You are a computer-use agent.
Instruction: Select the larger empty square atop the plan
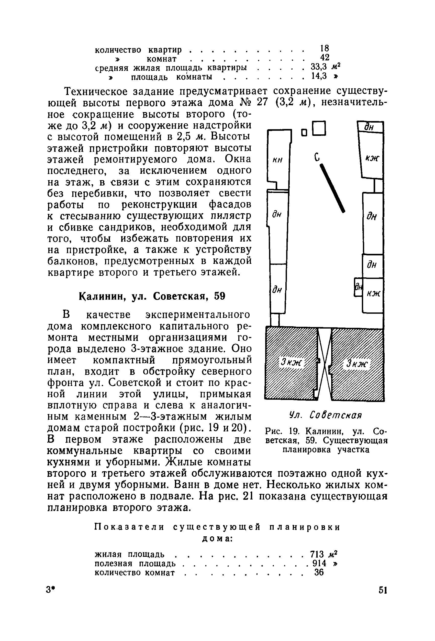(x=319, y=128)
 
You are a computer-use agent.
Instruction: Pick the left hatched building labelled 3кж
(x=291, y=363)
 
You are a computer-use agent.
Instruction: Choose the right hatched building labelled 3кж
(x=357, y=364)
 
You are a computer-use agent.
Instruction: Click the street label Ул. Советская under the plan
(x=325, y=415)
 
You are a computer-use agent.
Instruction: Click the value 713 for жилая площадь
(x=317, y=554)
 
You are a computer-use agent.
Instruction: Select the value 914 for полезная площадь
(x=319, y=563)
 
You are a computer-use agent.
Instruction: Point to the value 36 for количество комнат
(x=319, y=573)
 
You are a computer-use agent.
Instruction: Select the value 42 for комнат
(x=325, y=57)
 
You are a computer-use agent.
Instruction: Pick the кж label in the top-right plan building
(x=372, y=158)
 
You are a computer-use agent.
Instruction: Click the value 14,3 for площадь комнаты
(x=319, y=76)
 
